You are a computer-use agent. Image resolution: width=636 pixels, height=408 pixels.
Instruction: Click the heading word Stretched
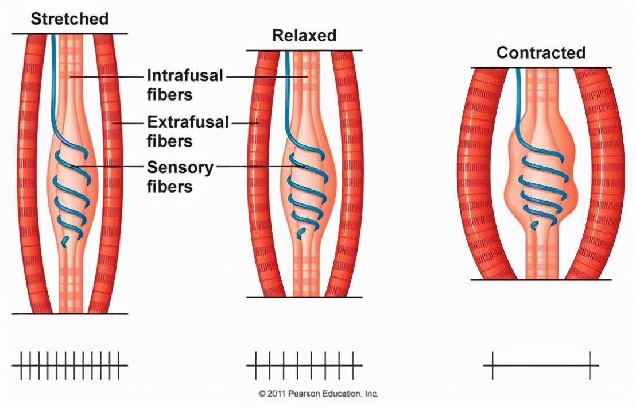tap(69, 18)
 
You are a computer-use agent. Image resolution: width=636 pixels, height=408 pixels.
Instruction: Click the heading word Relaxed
tap(304, 36)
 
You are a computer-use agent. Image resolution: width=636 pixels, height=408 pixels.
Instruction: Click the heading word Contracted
tap(541, 53)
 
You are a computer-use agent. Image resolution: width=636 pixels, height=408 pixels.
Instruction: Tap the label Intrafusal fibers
tap(185, 84)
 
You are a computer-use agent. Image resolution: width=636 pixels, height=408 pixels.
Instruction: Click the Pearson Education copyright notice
tap(318, 394)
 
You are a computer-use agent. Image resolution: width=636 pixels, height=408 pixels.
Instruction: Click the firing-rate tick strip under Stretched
tap(69, 365)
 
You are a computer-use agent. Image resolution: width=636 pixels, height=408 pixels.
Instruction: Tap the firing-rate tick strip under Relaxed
tap(304, 365)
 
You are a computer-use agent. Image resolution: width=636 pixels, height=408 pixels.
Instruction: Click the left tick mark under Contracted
tap(492, 365)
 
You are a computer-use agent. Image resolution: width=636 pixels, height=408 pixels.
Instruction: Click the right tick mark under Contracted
tap(590, 365)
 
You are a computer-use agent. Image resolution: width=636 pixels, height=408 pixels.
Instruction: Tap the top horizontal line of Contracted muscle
tap(541, 68)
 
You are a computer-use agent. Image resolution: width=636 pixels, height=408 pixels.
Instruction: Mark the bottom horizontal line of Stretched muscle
tap(69, 314)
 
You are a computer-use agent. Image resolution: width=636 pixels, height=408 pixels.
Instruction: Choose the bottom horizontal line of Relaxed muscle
tap(304, 297)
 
